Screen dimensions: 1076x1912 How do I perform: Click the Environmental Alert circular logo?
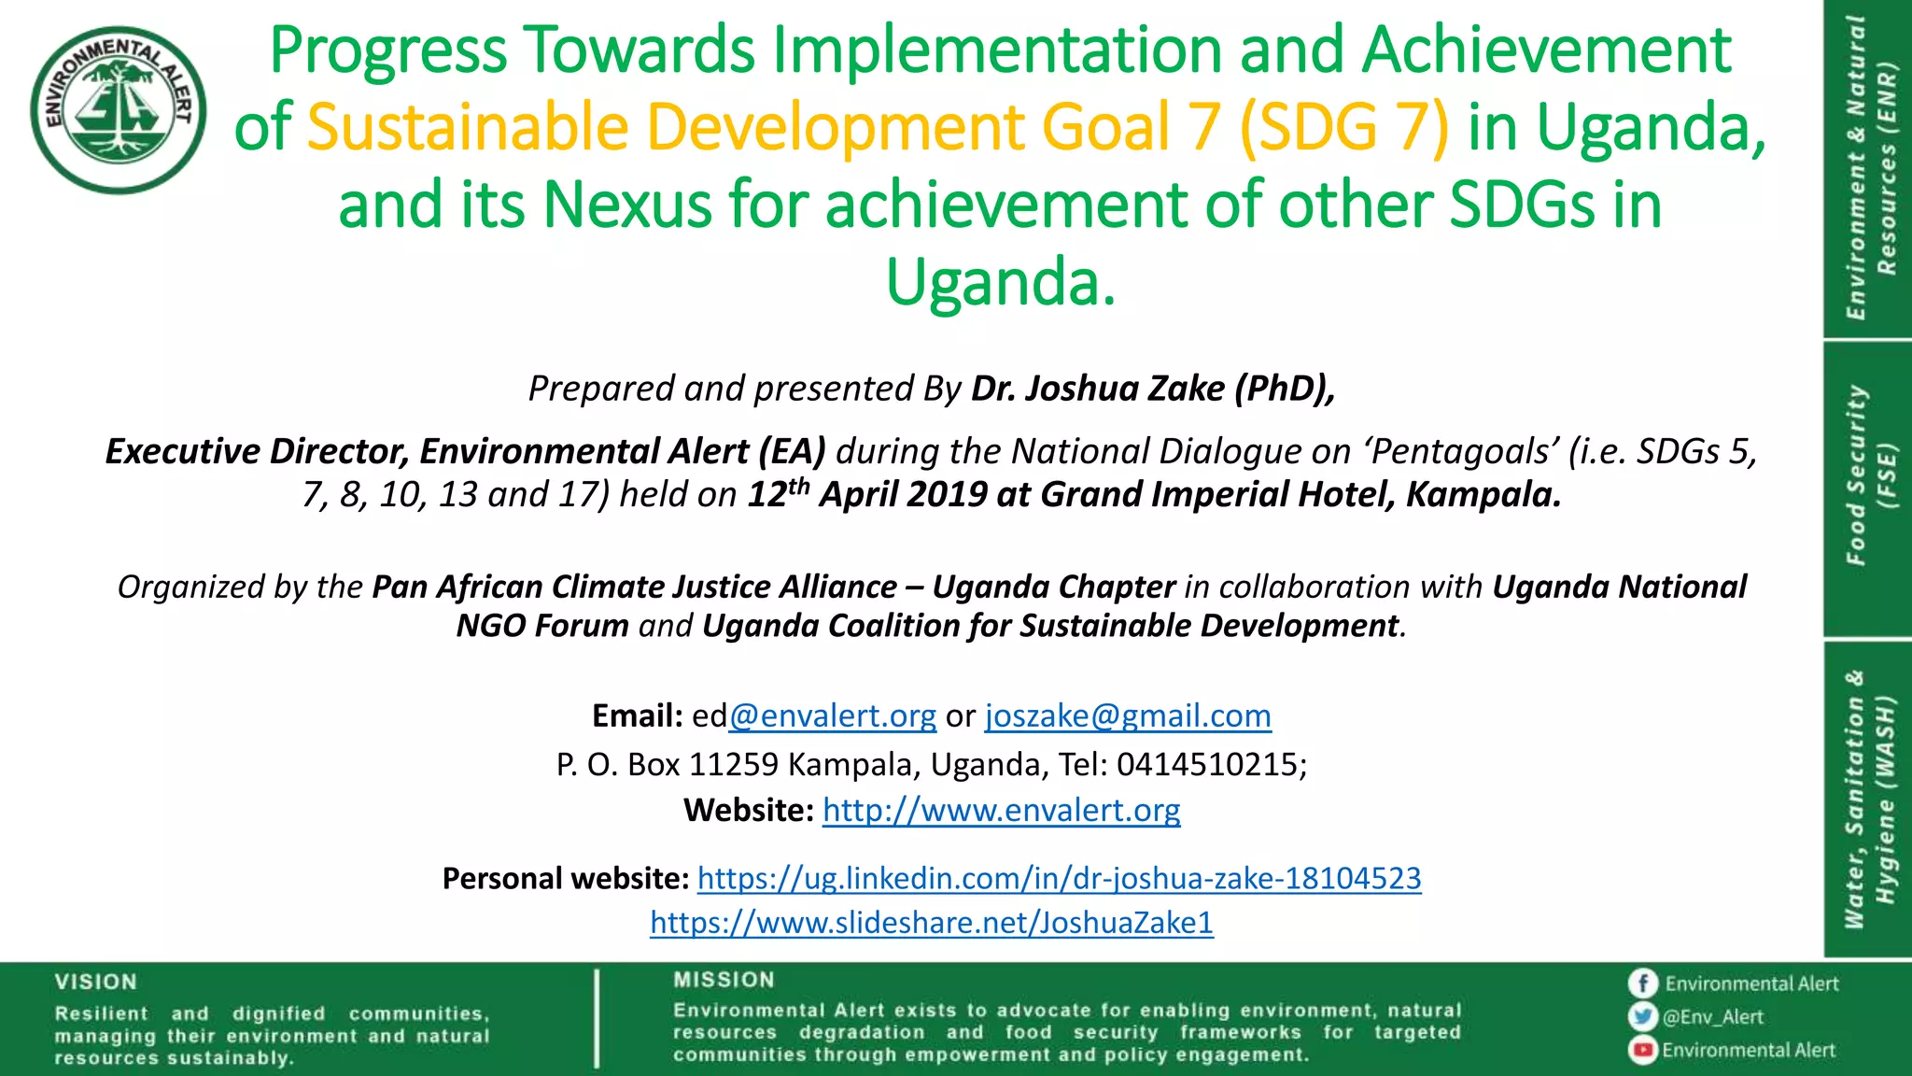click(119, 109)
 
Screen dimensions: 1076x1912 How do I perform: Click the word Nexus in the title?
click(627, 205)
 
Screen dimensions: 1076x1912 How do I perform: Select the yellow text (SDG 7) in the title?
click(1343, 127)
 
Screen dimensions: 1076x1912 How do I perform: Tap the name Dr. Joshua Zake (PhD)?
click(1153, 389)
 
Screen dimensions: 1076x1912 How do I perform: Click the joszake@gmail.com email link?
click(1128, 716)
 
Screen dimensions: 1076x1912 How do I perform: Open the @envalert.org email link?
click(833, 716)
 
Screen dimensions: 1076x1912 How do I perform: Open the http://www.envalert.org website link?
click(1001, 810)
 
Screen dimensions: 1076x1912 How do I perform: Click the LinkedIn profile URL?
click(1059, 879)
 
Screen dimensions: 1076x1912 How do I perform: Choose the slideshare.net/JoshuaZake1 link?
click(932, 923)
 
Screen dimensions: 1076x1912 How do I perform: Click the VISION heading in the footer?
click(95, 982)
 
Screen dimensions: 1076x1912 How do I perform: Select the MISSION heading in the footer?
click(724, 980)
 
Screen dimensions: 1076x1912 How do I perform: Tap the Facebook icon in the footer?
click(1642, 984)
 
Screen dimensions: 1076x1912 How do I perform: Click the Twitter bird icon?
click(1642, 1017)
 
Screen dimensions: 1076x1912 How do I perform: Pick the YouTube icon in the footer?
click(1642, 1051)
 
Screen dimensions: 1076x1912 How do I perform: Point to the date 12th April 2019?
click(867, 494)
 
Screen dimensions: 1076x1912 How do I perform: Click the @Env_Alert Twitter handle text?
click(1713, 1017)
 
